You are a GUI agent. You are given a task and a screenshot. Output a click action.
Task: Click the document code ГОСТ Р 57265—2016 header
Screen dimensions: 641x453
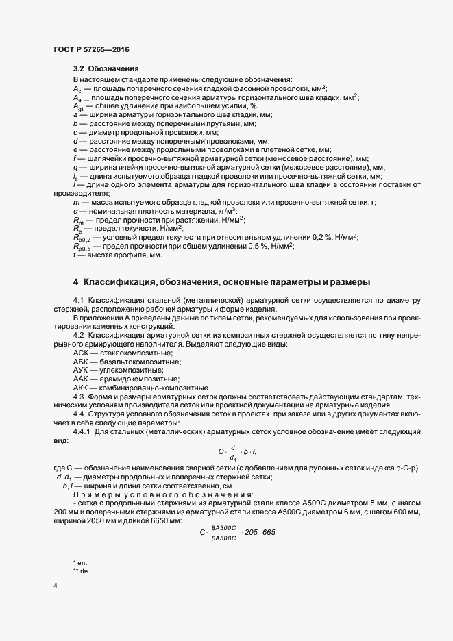click(90, 49)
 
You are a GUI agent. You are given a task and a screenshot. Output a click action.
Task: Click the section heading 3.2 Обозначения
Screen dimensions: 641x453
click(106, 69)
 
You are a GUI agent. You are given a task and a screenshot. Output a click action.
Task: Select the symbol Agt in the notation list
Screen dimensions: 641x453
click(78, 107)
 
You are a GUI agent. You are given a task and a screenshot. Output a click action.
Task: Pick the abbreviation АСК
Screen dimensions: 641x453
click(81, 352)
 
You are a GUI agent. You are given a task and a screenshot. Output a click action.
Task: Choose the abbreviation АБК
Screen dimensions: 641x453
click(81, 361)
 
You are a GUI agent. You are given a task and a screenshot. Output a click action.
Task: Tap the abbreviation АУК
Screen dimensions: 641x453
click(81, 370)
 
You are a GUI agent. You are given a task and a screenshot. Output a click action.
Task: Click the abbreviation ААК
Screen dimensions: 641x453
click(81, 379)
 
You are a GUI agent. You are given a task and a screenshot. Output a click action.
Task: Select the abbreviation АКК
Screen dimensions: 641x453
click(81, 388)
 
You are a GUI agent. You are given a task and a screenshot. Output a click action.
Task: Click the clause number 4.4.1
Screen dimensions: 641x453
click(82, 433)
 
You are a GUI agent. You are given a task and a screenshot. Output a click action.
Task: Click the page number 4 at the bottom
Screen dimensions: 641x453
click(55, 586)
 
